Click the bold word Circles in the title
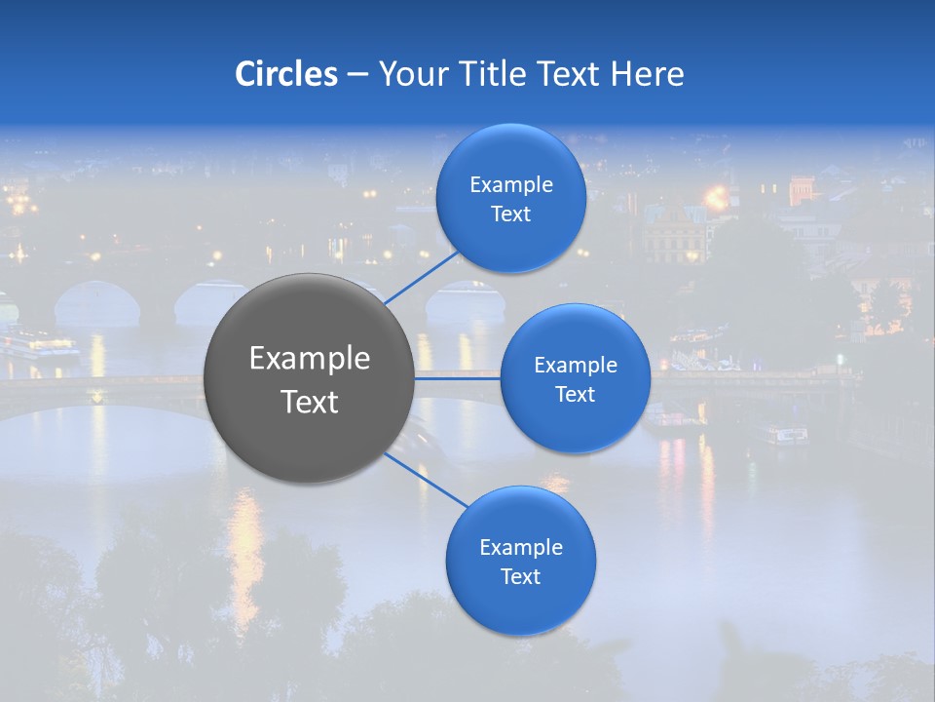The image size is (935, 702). click(285, 74)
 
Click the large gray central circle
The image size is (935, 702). click(310, 378)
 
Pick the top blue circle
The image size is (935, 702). click(511, 199)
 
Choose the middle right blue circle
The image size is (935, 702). click(576, 378)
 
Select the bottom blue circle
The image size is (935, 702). click(521, 561)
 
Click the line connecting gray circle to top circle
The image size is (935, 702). click(421, 277)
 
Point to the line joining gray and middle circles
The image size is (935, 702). click(458, 378)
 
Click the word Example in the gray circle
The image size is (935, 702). click(310, 359)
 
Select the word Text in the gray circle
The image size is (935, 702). click(310, 402)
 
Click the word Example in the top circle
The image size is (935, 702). click(511, 184)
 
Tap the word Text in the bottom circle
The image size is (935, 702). click(521, 576)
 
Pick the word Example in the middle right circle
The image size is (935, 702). click(576, 365)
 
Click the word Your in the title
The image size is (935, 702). click(411, 74)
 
